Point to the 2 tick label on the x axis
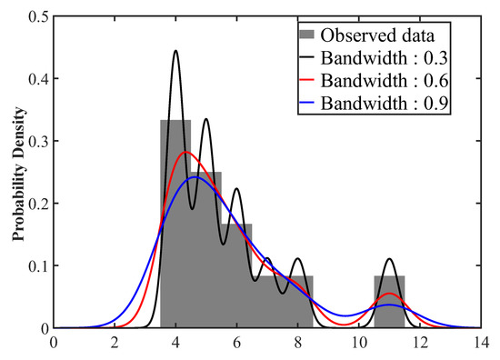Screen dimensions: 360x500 pos(115,343)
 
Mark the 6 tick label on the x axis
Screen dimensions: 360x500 pos(237,343)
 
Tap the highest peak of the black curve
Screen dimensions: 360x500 pos(175,51)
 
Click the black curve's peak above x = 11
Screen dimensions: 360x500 pos(389,259)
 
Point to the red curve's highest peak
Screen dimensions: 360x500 pos(185,152)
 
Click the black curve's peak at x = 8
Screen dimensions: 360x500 pos(297,259)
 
